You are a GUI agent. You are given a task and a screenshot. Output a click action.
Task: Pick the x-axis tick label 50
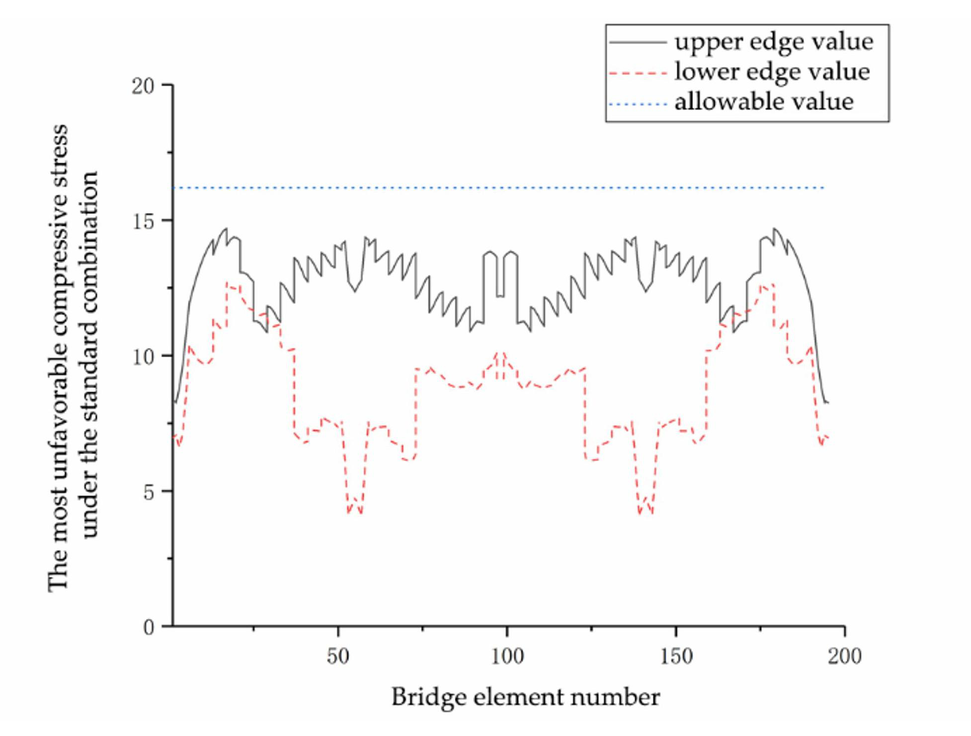click(x=338, y=657)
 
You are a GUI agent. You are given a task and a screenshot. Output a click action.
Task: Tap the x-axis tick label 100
click(x=507, y=657)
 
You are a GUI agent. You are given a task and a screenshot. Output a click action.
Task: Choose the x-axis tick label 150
click(x=676, y=657)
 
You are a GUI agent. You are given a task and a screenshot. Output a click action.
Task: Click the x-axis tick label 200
click(x=844, y=657)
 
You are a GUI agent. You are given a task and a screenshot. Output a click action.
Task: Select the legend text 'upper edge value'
click(x=773, y=42)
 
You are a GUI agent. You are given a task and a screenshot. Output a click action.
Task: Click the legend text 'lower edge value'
click(x=772, y=72)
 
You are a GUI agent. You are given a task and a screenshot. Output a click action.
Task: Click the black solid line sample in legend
click(x=638, y=42)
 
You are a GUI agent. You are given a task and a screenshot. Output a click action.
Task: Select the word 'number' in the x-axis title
click(x=615, y=697)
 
